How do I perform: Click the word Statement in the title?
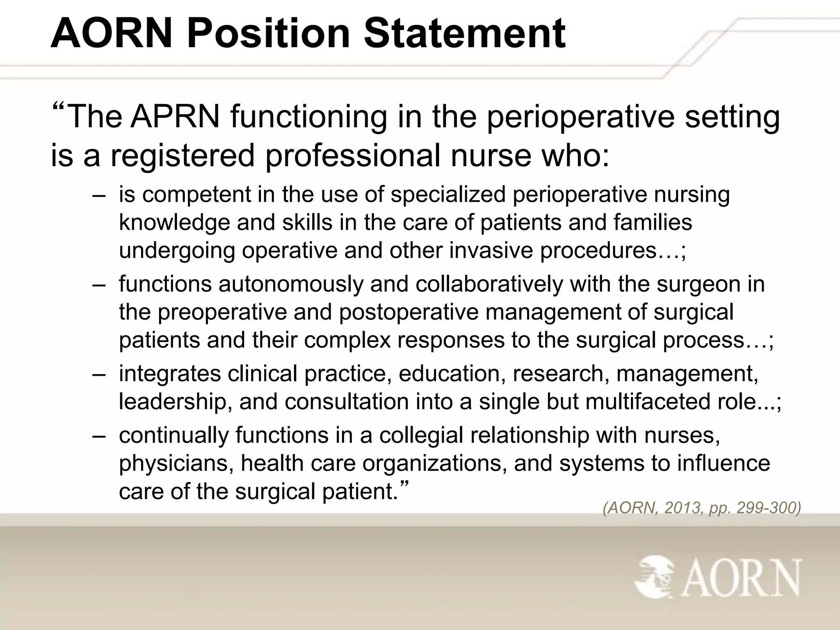[x=464, y=34]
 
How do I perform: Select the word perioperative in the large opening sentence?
[x=580, y=118]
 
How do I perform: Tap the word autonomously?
[x=291, y=284]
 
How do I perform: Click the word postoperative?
[x=408, y=313]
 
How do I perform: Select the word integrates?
[x=170, y=374]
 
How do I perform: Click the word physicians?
[x=176, y=464]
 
